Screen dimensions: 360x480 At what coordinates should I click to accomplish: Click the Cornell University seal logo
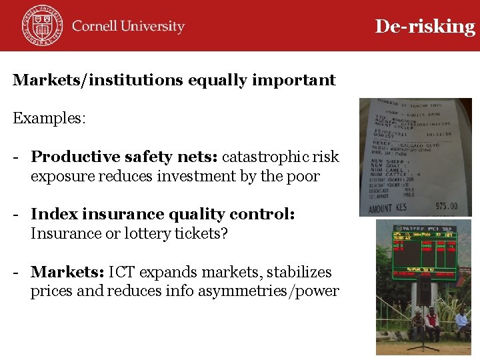42,25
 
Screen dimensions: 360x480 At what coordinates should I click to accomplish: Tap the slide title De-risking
425,26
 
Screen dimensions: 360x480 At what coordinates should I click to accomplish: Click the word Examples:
49,119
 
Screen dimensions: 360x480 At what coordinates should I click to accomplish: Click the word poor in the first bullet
305,177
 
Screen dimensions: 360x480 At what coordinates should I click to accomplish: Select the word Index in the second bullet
51,215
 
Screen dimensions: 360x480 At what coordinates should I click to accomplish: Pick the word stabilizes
298,273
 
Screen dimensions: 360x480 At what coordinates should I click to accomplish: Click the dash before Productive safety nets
15,157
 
